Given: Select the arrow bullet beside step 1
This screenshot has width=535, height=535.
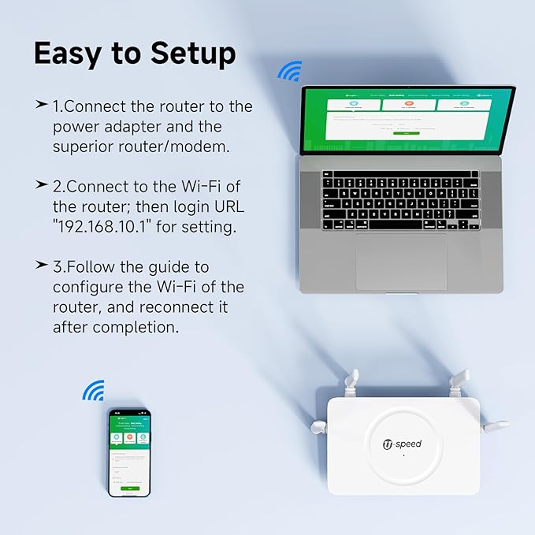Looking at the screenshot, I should pos(41,105).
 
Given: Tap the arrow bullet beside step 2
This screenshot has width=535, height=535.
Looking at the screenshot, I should pos(41,184).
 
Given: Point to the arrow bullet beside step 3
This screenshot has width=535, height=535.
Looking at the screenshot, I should pos(41,266).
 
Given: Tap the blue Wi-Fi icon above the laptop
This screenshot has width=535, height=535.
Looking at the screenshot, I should pos(289,72).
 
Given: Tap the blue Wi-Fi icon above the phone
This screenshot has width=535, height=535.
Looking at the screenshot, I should pos(94,390).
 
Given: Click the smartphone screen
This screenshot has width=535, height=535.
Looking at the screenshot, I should pos(129,453).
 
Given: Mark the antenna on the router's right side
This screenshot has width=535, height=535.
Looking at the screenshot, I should pos(496,426).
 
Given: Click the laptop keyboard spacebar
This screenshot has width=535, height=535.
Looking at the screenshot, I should pos(399,225).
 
